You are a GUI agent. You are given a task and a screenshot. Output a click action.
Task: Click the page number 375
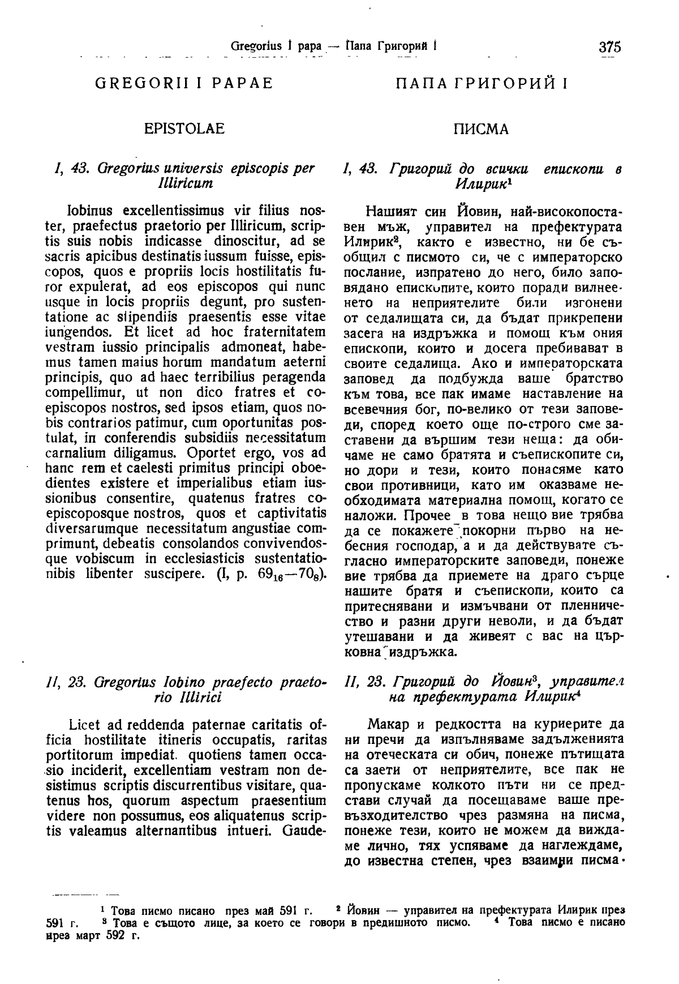(609, 46)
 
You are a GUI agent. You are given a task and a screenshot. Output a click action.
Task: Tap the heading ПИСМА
(482, 130)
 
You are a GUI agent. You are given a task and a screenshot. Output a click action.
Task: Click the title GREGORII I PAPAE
(184, 83)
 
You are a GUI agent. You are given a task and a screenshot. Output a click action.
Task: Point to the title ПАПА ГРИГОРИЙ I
(482, 84)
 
